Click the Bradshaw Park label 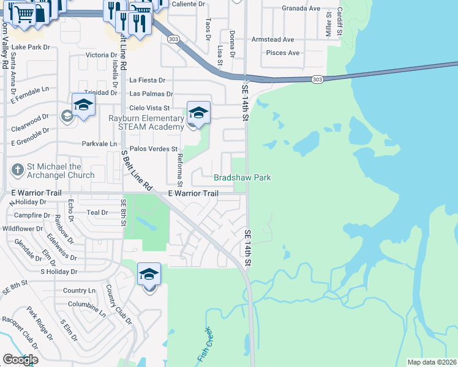(x=242, y=177)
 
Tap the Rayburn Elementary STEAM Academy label (x=146, y=122)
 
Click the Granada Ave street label (x=301, y=9)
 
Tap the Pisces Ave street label (x=282, y=53)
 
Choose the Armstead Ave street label (x=272, y=40)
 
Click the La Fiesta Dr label (x=148, y=80)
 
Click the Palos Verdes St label (x=152, y=149)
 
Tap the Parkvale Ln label (x=99, y=144)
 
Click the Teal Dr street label (x=97, y=212)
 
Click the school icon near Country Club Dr (x=149, y=275)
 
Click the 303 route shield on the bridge (x=317, y=80)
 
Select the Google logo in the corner (x=20, y=360)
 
